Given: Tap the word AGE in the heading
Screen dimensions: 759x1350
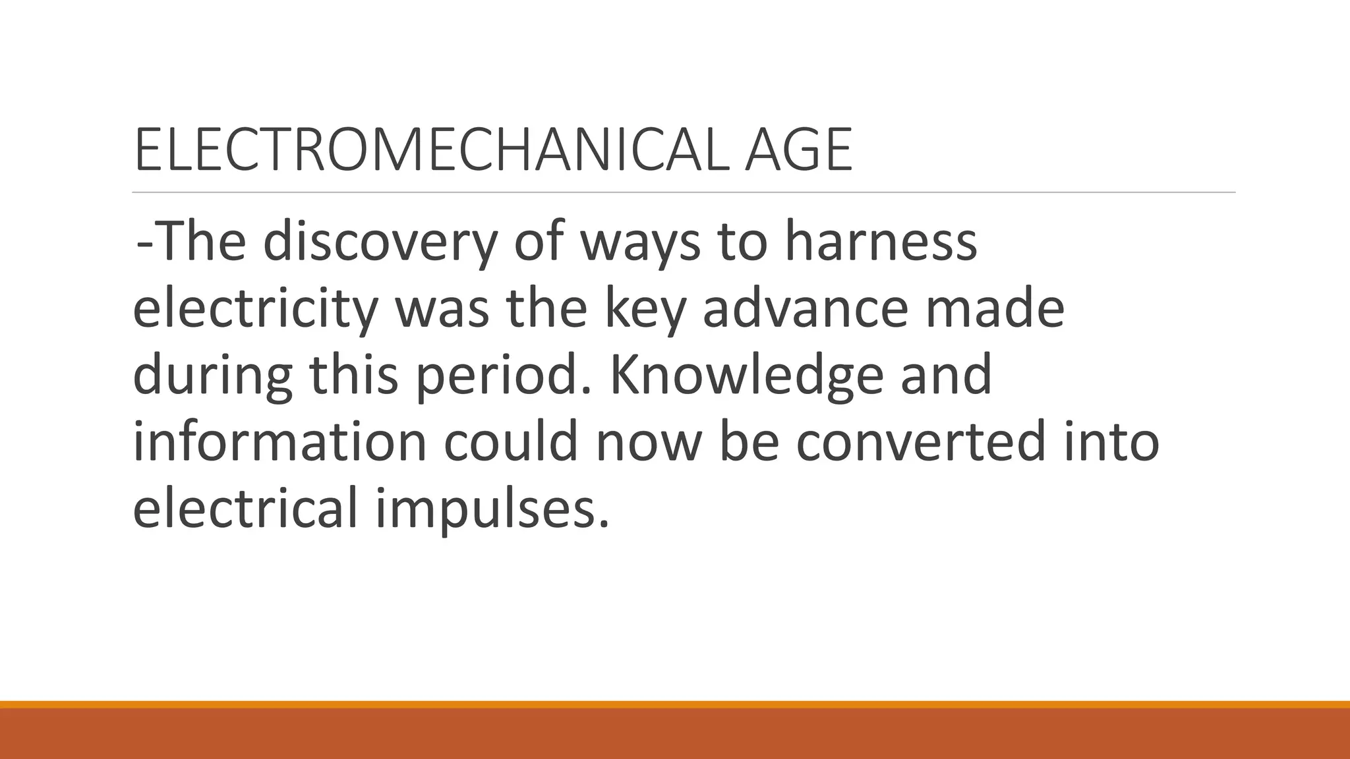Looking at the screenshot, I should [798, 150].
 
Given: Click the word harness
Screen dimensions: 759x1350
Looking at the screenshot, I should [880, 242].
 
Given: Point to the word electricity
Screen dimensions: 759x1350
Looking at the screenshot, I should [255, 309].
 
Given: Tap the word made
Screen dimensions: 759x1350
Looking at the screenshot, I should [995, 309].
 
